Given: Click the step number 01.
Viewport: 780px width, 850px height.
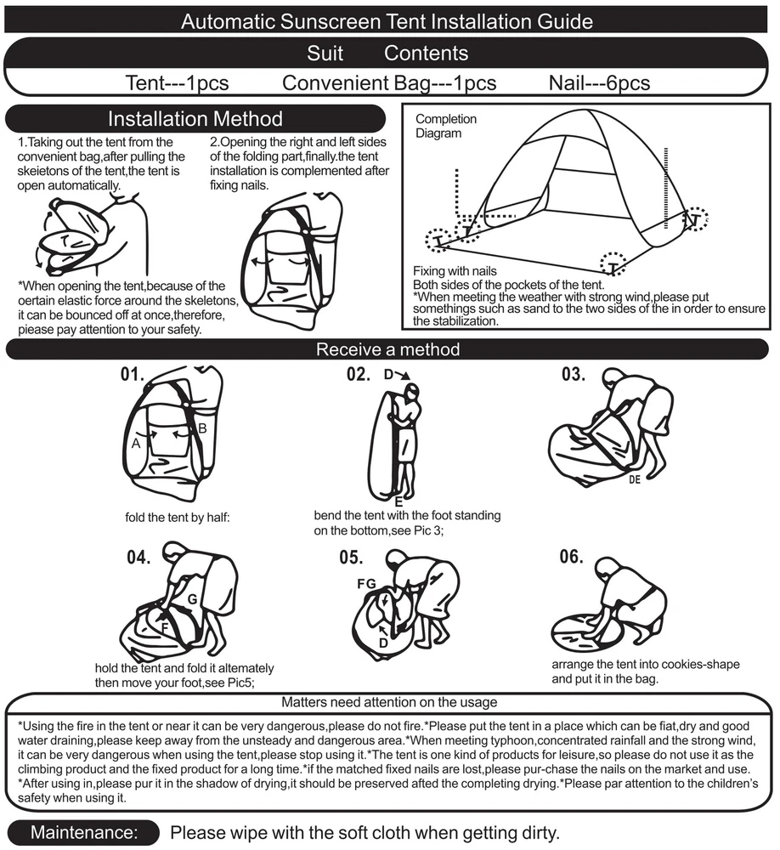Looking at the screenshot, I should click(133, 374).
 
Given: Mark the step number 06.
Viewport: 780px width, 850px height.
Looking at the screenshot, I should click(571, 558).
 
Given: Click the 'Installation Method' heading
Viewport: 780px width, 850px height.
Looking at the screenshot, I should click(195, 119).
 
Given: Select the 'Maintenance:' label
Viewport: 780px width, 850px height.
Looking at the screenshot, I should click(83, 833).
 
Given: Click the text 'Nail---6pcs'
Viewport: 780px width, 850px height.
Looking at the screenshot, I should click(599, 83).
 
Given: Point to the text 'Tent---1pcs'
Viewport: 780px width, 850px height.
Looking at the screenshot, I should click(177, 83).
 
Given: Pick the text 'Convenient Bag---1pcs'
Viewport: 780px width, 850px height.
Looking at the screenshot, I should click(389, 83).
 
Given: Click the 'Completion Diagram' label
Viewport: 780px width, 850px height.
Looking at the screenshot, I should click(446, 126).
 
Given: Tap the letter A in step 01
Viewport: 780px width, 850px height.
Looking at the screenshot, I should click(135, 442).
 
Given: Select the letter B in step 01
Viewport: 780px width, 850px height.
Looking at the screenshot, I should click(202, 429).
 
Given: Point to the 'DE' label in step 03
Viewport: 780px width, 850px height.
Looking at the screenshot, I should click(634, 479).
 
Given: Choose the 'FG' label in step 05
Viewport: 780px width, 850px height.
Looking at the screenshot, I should click(367, 585).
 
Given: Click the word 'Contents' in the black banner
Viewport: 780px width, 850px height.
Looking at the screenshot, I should click(426, 53).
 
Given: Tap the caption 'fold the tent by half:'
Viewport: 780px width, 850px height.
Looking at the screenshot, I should click(178, 517).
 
